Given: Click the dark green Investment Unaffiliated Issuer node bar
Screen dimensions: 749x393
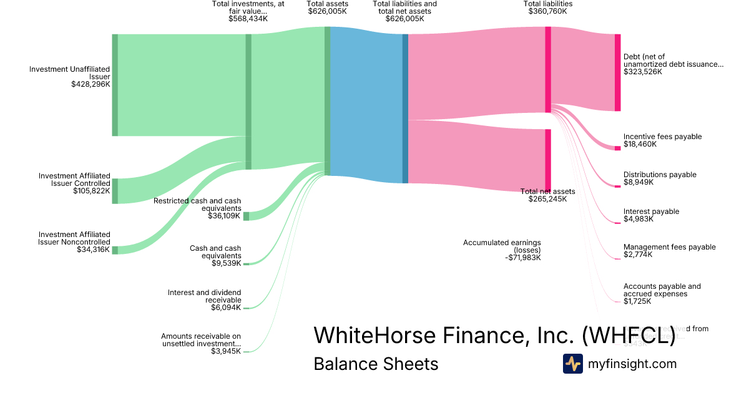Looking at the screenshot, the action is coord(115,85).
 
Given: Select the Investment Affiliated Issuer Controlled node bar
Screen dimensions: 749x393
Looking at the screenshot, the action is coord(115,191).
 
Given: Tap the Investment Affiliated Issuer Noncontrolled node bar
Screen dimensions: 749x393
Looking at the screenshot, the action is coord(115,250).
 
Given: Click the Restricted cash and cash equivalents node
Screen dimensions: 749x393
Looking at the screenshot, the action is coord(246,216).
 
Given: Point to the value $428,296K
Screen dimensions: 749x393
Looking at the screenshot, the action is coord(91,84).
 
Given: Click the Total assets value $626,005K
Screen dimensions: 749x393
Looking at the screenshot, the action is coord(327,11).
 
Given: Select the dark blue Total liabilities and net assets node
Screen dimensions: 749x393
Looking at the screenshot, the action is coord(405,109).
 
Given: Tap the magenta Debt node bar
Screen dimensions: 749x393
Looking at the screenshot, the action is coord(617,72).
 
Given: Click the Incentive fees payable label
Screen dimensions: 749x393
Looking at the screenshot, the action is coord(662,137).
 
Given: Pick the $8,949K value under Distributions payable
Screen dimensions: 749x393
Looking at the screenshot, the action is coord(640,182).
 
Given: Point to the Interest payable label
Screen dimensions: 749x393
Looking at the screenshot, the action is coord(651,211).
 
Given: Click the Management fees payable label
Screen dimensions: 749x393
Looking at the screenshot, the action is coord(669,247).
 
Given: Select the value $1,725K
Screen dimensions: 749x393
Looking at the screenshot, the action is coord(637,301).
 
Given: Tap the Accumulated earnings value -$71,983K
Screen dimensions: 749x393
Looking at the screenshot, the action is coord(524,258).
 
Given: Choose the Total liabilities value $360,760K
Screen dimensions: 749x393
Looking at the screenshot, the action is coord(547,11).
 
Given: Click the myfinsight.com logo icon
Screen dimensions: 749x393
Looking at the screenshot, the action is coord(572,364).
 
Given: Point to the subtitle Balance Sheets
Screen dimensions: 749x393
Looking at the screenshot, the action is coord(376,364).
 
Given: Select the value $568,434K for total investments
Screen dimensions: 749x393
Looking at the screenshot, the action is coord(248,19).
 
